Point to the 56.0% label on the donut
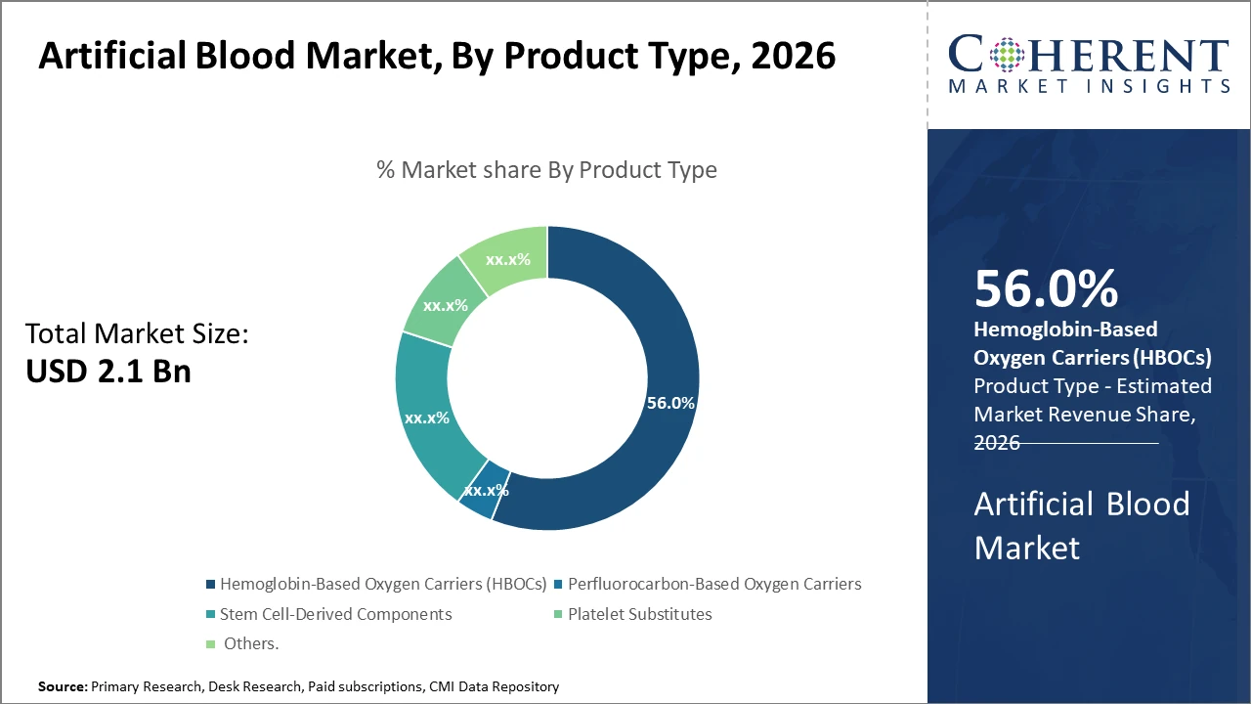(670, 403)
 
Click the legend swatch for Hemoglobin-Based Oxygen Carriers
(210, 585)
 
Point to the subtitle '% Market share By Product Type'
(546, 170)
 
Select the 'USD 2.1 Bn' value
(108, 372)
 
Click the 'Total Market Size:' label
(137, 334)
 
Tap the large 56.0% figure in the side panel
(1046, 289)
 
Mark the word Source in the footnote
(63, 687)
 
